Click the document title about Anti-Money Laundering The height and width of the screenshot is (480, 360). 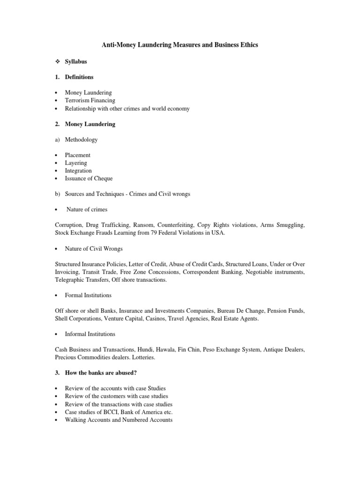(180, 45)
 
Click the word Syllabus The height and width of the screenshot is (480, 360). (76, 61)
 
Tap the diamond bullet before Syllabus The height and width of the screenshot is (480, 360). (57, 61)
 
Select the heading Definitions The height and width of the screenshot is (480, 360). (79, 77)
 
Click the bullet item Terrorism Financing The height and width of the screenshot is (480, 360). (90, 100)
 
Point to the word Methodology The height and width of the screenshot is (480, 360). (81, 139)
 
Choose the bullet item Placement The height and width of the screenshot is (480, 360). (77, 155)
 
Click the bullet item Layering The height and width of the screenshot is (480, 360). (76, 163)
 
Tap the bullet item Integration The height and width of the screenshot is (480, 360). (78, 171)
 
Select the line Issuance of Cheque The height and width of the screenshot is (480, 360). (89, 179)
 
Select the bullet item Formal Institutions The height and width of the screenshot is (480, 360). (88, 295)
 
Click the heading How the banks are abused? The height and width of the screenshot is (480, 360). (100, 373)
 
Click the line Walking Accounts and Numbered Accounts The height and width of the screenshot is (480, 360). (119, 420)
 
